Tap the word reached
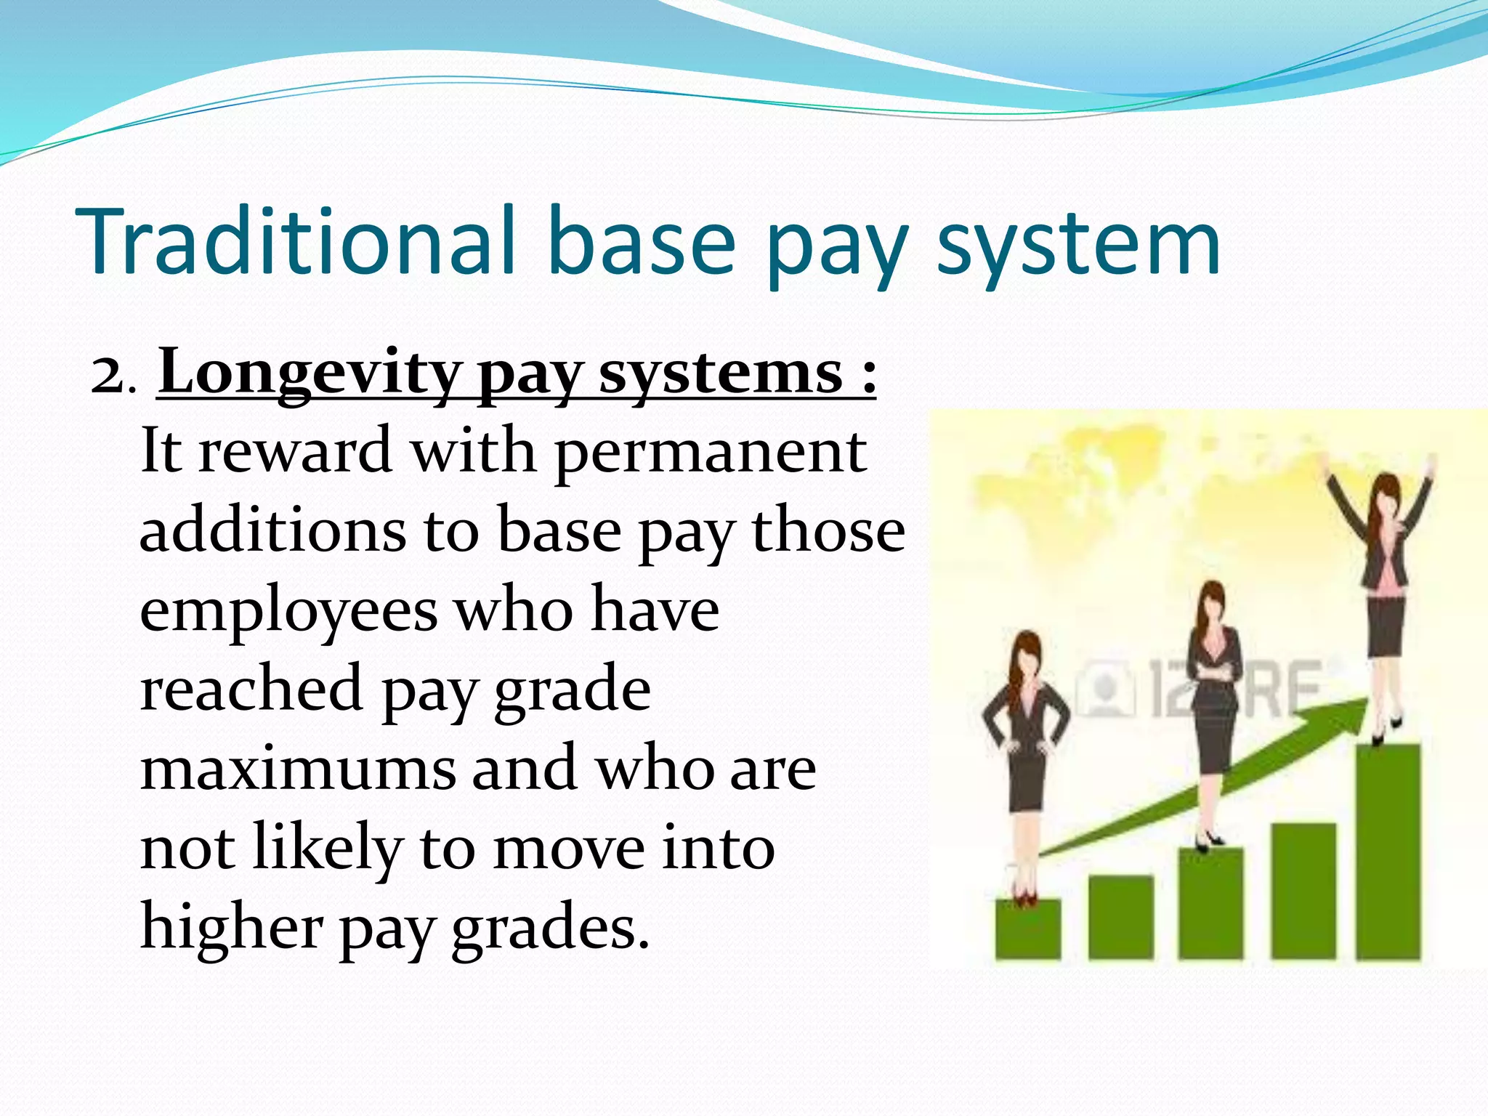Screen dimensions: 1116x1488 [251, 690]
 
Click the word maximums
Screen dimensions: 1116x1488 [298, 769]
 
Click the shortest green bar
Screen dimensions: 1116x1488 [1027, 930]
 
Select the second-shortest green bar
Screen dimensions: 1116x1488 [1120, 917]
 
